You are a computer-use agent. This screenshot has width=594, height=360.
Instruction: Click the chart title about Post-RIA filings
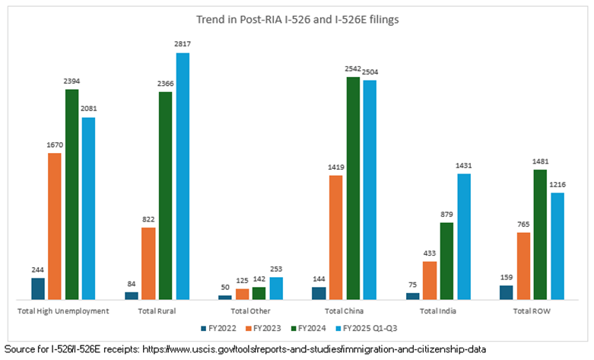click(297, 20)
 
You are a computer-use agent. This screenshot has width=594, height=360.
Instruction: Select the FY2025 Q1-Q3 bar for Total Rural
click(183, 175)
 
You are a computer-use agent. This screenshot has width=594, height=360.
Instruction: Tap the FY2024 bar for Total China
click(352, 187)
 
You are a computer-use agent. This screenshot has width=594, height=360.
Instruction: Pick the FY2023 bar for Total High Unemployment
click(55, 225)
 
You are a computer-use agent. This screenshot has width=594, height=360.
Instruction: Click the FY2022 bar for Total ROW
click(506, 292)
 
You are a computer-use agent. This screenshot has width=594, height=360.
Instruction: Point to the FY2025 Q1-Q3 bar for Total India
click(464, 236)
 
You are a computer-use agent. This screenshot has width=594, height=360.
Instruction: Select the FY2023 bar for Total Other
click(242, 293)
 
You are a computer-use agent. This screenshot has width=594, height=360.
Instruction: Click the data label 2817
click(183, 45)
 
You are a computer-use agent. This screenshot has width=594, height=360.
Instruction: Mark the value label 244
click(37, 270)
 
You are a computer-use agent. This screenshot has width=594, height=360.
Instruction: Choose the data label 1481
click(541, 161)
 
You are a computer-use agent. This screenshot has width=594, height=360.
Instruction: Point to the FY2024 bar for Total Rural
click(165, 195)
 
